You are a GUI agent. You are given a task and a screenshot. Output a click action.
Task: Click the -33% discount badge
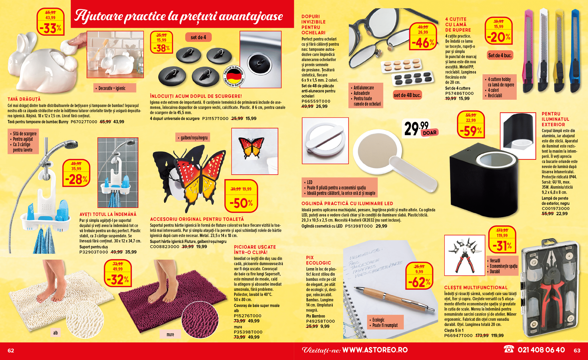(x=51, y=22)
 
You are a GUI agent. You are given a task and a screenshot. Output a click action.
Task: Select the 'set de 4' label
(x=198, y=37)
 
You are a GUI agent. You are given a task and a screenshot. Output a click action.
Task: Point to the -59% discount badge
(x=471, y=125)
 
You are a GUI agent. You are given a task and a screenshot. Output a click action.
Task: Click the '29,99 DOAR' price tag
(x=420, y=129)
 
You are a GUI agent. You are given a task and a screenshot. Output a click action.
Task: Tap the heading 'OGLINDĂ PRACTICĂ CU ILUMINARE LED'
(x=347, y=204)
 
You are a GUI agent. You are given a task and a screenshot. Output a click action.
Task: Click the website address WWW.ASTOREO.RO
(x=375, y=350)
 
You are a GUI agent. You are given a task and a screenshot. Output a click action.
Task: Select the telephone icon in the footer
(x=509, y=349)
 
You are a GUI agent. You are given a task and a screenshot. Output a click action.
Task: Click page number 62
(x=11, y=351)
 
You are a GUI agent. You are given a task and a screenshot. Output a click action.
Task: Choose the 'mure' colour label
(x=170, y=334)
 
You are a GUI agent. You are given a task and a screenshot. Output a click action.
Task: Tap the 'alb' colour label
(x=55, y=333)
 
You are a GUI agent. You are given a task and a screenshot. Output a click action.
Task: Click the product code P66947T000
(x=458, y=336)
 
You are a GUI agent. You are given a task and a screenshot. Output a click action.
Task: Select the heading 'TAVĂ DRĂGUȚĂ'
(x=24, y=99)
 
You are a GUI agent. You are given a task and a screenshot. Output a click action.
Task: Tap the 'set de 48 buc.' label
(x=407, y=95)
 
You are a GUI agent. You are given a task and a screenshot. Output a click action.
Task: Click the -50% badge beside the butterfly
(x=241, y=196)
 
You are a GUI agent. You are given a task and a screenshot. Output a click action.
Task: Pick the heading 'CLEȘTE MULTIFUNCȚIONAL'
(x=476, y=288)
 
